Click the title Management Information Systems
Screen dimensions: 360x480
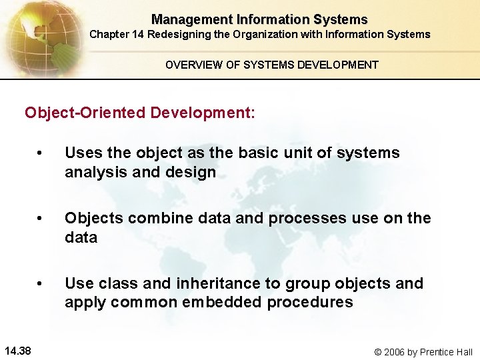click(x=259, y=19)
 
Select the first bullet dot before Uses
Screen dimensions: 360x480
click(x=41, y=153)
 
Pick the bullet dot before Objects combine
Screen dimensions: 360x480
click(x=41, y=219)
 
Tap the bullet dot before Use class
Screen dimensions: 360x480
click(x=41, y=284)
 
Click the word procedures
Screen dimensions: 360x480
click(x=310, y=302)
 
